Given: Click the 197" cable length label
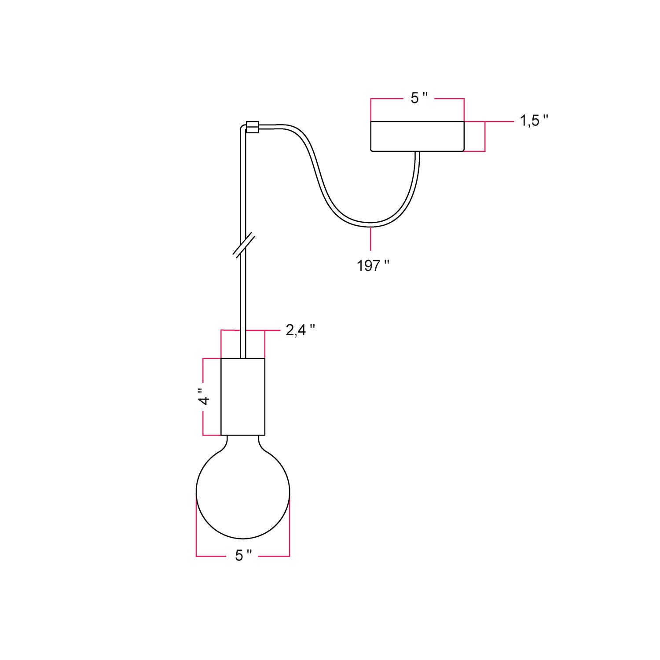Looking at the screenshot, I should pos(373,266).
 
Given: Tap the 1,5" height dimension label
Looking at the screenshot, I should pos(534,121).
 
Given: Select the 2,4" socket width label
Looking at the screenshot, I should pos(300,330).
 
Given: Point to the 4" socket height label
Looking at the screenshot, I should pos(204,396).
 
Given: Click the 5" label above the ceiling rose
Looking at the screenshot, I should pos(419,98).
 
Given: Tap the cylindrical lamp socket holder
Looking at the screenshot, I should pos(243,396).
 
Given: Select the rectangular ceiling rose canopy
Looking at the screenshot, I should pos(417,136).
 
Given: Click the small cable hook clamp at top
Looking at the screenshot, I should pos(253,127).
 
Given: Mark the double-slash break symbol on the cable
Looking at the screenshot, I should pos(244,245).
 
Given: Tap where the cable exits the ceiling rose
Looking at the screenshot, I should pos(417,154).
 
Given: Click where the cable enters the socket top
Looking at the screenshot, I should pos(242,357).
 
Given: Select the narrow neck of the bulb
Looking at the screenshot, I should pos(243,441).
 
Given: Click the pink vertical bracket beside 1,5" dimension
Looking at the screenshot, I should pos(485,136).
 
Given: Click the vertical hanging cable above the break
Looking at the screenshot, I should pos(242,185).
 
